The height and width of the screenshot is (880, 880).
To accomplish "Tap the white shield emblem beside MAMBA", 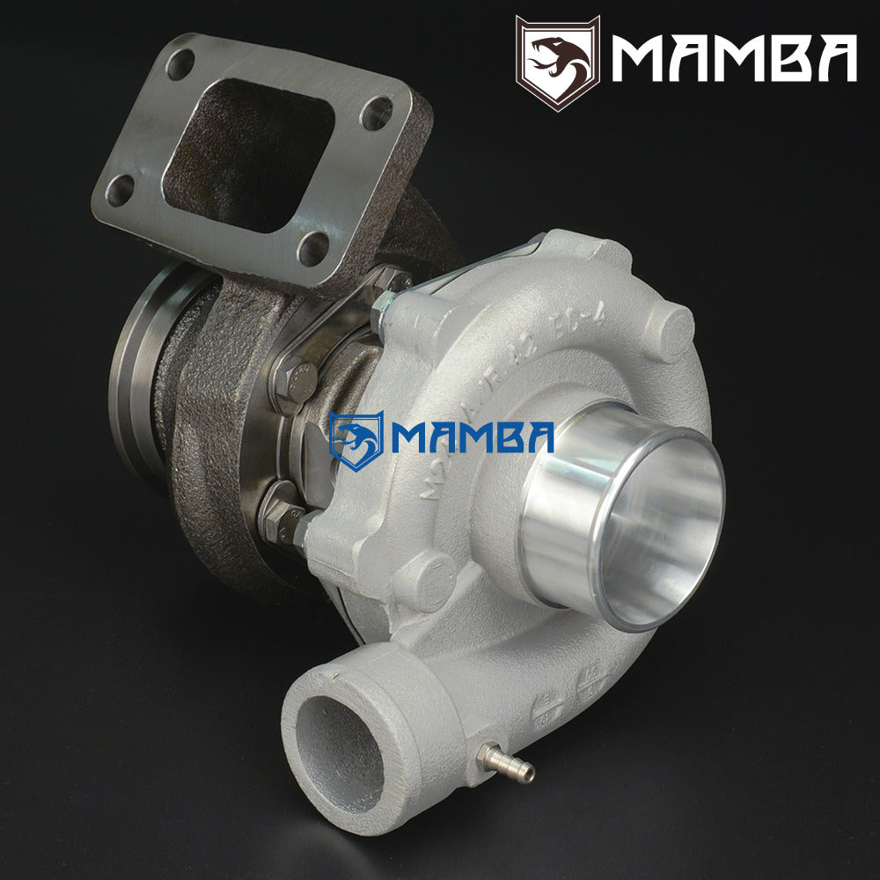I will tap(557, 62).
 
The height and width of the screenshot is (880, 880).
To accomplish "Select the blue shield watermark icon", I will tap(355, 440).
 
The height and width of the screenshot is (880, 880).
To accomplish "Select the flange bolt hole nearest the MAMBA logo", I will tap(377, 114).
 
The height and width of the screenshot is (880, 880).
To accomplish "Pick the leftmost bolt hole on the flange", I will tap(119, 189).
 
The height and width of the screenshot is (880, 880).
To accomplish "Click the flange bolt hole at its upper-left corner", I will tap(180, 63).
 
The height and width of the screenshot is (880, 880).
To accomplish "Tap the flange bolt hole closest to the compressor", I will tap(312, 248).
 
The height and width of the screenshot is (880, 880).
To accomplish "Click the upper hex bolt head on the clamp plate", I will tap(295, 378).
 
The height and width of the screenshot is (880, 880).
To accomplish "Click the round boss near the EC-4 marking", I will tap(671, 330).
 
